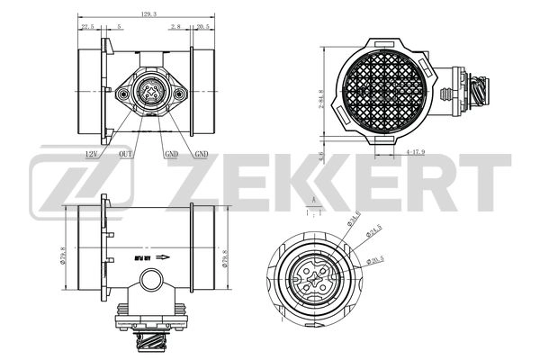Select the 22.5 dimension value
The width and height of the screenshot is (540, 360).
pos(88,27)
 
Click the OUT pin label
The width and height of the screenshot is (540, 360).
pos(127,154)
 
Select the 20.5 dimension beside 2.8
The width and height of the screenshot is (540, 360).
pos(203,27)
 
